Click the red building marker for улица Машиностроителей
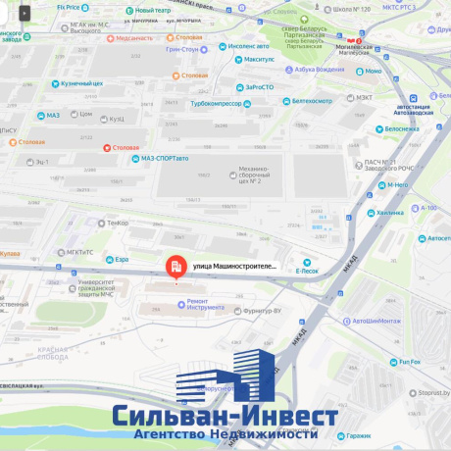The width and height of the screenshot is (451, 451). pyautogui.click(x=175, y=266)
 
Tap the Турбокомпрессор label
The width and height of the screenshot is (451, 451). pyautogui.click(x=220, y=103)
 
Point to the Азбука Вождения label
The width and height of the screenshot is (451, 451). pyautogui.click(x=319, y=69)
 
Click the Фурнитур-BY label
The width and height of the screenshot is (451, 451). pyautogui.click(x=266, y=310)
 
